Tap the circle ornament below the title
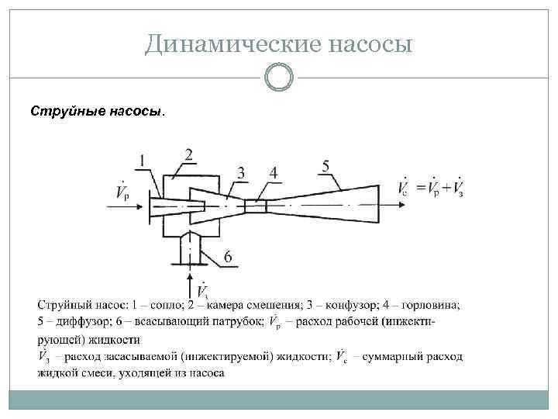click(278, 78)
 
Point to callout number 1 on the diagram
click(142, 161)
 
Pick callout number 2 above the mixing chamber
click(188, 154)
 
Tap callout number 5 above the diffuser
click(325, 164)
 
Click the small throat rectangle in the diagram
click(256, 206)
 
